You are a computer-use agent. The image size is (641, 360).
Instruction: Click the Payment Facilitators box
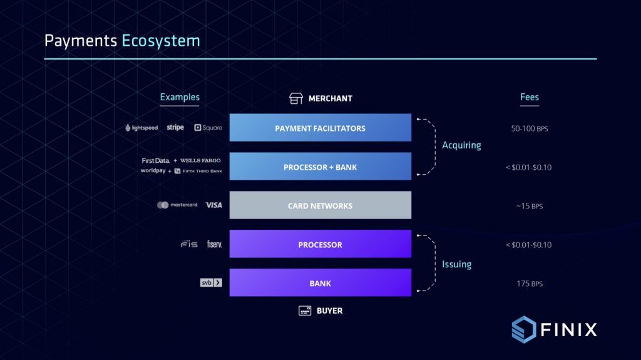coord(320,128)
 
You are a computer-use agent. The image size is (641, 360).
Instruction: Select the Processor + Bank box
coord(320,167)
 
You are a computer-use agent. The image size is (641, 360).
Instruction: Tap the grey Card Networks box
coord(320,205)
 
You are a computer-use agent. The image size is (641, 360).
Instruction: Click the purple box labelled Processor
coord(320,244)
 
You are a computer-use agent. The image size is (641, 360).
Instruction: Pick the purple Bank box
coord(320,283)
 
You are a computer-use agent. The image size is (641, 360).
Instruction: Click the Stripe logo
coord(175,128)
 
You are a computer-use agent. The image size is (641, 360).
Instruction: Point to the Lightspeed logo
coord(142,128)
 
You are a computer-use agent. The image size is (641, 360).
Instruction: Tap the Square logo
coord(208,128)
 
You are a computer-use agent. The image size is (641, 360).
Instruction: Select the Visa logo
coord(213,205)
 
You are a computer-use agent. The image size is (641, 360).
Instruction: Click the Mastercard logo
coord(178,205)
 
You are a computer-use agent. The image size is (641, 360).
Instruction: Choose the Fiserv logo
coord(215,244)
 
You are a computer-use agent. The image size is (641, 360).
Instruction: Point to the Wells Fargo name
coord(200,161)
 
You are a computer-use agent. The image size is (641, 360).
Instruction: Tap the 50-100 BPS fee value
coord(530,128)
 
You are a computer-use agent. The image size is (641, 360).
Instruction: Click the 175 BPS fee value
coord(530,284)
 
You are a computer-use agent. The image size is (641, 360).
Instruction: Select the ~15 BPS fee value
coord(530,206)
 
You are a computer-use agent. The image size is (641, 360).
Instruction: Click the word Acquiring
coord(461,145)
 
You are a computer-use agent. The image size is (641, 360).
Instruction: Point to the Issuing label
coord(457,264)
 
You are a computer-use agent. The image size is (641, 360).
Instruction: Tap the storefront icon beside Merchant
coord(296,98)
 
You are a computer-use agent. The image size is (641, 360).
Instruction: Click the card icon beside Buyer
coord(305,311)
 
